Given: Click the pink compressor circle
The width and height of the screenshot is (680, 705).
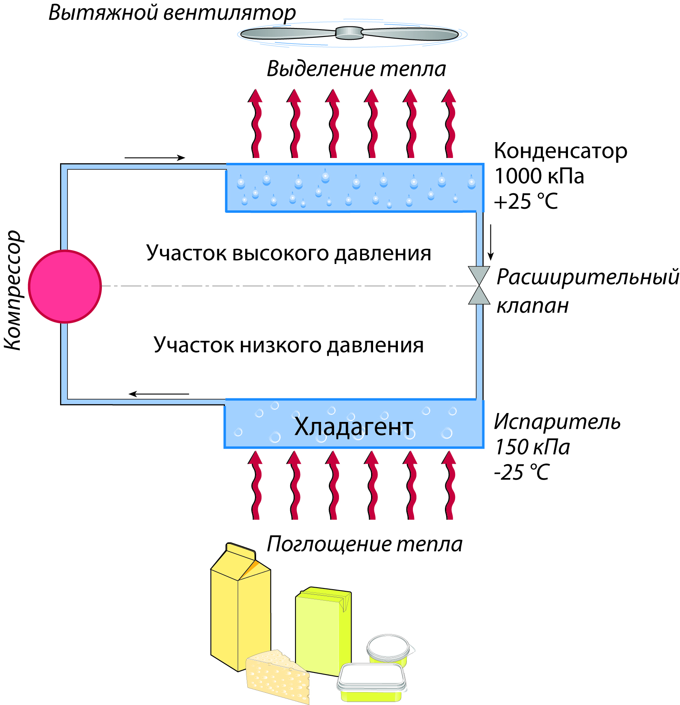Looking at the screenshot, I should [x=65, y=286].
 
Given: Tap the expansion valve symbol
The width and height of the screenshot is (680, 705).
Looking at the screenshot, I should [x=479, y=285].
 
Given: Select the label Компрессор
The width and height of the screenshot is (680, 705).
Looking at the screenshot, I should [x=13, y=290].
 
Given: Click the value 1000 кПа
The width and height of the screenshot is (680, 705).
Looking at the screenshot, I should [x=539, y=176].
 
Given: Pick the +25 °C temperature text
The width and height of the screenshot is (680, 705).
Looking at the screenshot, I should [x=526, y=201].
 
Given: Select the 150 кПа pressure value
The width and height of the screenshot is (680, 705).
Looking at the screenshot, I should [x=532, y=447].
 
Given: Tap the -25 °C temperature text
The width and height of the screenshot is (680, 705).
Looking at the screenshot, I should [x=522, y=472].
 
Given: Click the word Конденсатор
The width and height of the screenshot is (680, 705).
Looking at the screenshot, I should [x=560, y=151].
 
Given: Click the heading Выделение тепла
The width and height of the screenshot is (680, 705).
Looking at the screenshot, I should [x=356, y=69].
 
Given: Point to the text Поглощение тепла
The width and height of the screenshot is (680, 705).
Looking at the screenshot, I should [x=364, y=544].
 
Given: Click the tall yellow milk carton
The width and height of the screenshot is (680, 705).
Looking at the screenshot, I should [x=240, y=605].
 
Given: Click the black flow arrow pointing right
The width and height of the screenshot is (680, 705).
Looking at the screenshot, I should [x=155, y=158].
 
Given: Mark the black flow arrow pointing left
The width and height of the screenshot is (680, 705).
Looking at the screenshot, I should [x=159, y=394].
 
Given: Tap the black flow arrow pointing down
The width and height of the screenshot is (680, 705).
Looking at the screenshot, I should [x=490, y=242].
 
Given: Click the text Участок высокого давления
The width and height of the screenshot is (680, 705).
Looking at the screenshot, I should [x=289, y=253].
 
